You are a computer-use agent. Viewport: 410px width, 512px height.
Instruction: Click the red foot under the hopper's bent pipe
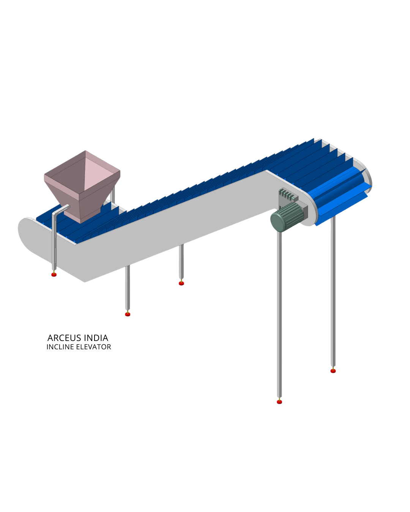point(54,274)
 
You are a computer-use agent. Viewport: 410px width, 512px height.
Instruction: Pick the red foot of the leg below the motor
point(279,401)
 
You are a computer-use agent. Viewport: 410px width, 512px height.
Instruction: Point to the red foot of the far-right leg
point(333,371)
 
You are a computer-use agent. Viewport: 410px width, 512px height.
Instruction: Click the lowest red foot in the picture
point(279,401)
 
